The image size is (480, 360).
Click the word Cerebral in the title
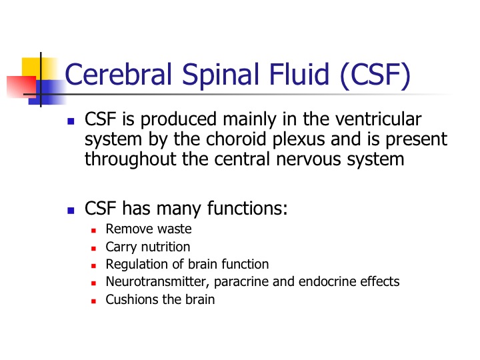[x=118, y=74]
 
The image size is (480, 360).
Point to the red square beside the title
[x=21, y=87]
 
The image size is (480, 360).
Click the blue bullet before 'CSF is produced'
[x=71, y=121]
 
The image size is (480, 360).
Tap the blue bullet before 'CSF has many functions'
[x=71, y=210]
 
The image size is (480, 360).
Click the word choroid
[x=236, y=139]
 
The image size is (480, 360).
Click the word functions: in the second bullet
[x=247, y=208]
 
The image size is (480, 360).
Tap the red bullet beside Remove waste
[x=94, y=231]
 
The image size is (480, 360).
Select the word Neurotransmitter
[x=157, y=282]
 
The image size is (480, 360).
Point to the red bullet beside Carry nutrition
[x=94, y=249]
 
